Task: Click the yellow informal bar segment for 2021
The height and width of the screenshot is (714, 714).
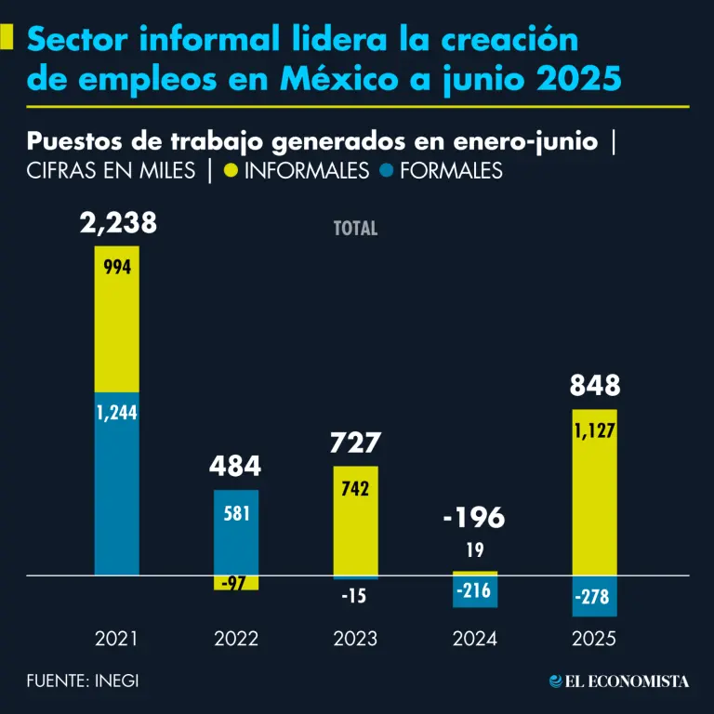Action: [117, 319]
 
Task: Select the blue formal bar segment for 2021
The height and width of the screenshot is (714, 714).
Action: [117, 483]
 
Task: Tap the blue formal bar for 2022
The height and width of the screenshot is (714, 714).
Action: [236, 532]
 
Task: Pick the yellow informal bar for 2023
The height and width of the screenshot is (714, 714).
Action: [355, 521]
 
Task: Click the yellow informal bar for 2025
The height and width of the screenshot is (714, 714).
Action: [594, 493]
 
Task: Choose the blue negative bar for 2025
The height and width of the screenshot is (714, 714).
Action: [594, 596]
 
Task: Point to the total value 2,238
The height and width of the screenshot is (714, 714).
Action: [117, 223]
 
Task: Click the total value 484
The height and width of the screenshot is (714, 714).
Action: [236, 465]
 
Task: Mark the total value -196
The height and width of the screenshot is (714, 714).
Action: [474, 518]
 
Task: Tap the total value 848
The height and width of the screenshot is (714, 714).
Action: [594, 387]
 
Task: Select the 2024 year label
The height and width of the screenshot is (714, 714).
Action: [474, 640]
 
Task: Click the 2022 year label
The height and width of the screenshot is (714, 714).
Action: [236, 640]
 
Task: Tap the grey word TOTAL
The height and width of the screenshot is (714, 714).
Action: [355, 229]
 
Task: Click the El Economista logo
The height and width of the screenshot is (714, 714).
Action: [619, 681]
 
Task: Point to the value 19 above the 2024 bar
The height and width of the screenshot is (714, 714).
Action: [474, 550]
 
